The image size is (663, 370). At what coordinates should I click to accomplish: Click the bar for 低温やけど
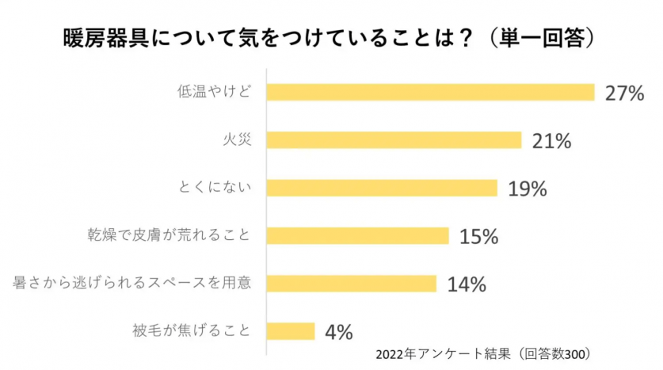coord(430,92)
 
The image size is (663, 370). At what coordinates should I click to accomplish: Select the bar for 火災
coord(394,140)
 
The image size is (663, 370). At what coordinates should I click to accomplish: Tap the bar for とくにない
coord(382,188)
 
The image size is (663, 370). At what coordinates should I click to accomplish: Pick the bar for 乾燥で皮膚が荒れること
coord(357,235)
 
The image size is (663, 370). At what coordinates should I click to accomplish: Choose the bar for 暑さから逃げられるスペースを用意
coord(352,283)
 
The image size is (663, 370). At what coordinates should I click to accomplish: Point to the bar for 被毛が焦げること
coord(291,330)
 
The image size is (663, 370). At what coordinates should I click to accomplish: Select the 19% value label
coord(528,189)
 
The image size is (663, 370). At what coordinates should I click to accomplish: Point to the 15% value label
coord(478,236)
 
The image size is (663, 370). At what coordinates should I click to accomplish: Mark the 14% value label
coord(466,284)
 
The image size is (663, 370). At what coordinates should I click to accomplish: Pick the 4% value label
coord(338,331)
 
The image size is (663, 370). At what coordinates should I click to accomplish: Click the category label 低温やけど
coord(215,92)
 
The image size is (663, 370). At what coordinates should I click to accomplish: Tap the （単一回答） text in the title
coord(539,37)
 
